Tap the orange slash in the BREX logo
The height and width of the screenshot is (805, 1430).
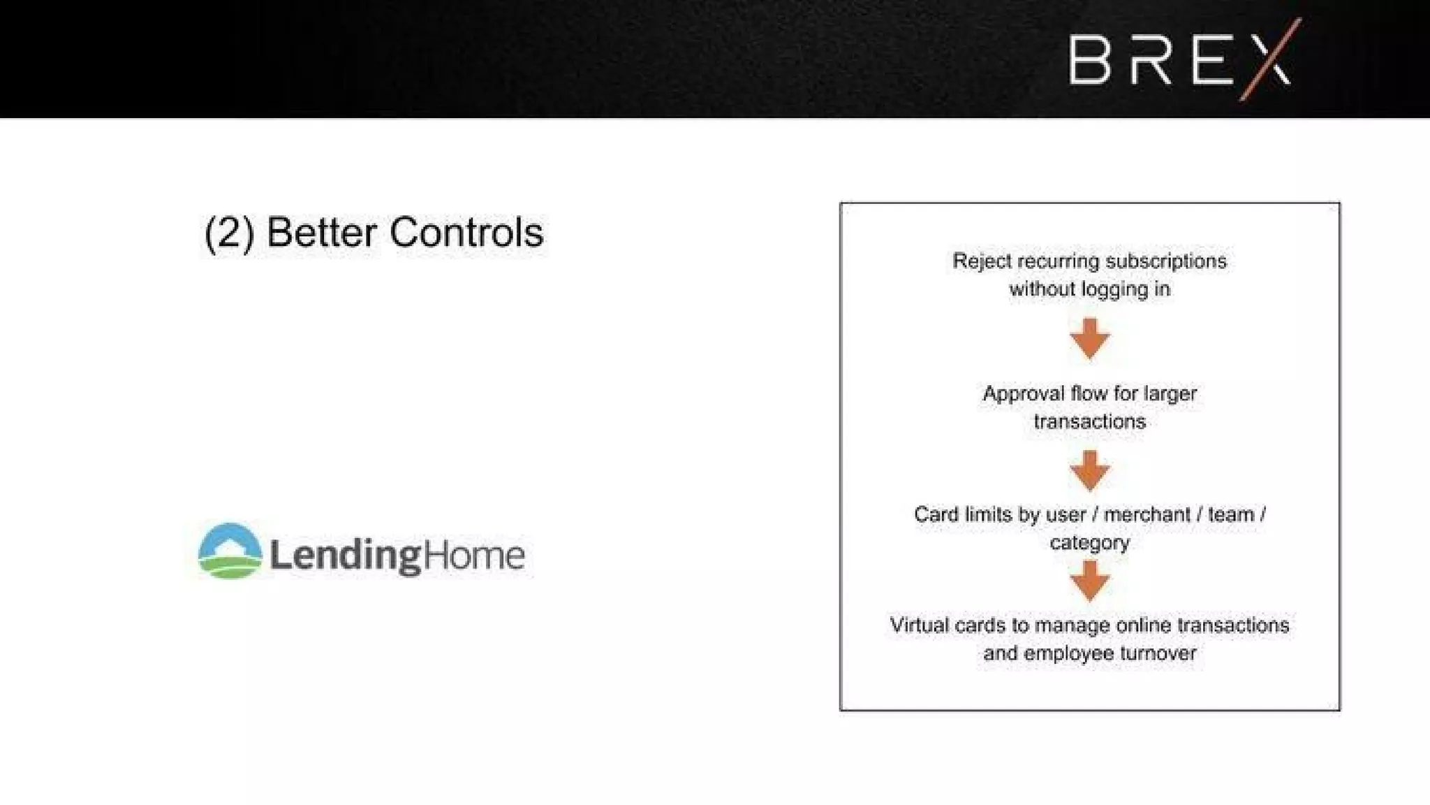click(x=1271, y=60)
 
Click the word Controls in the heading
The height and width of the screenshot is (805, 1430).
click(x=466, y=233)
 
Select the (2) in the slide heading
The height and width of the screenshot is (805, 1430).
click(x=228, y=233)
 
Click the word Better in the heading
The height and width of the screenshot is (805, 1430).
click(x=321, y=233)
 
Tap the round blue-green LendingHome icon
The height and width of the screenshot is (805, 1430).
click(x=230, y=551)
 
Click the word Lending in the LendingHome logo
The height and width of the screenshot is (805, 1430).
click(x=346, y=556)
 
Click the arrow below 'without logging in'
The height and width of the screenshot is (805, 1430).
click(x=1089, y=339)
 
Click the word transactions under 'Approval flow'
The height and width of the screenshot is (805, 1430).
click(x=1089, y=422)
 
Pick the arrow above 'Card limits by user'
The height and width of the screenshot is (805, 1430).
click(x=1089, y=470)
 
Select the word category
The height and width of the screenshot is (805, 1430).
click(x=1089, y=543)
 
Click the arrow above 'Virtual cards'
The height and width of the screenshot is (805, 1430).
click(x=1089, y=581)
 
